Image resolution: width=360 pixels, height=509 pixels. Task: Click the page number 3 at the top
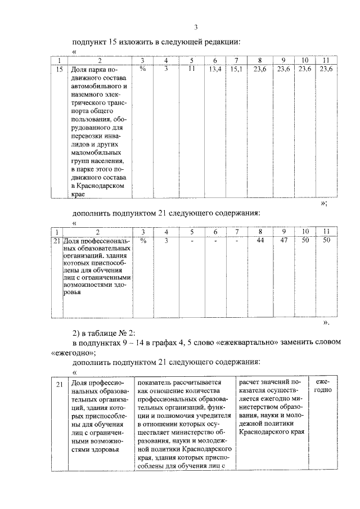point(195,28)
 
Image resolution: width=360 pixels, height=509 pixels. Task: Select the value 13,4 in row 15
point(214,69)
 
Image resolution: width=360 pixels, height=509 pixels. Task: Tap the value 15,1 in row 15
point(237,69)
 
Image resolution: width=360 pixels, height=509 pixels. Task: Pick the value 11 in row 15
point(191,69)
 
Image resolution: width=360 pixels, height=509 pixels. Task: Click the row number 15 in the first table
point(60,69)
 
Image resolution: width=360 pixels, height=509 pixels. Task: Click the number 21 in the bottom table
point(61,384)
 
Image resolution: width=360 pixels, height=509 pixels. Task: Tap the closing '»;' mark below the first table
point(324,205)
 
